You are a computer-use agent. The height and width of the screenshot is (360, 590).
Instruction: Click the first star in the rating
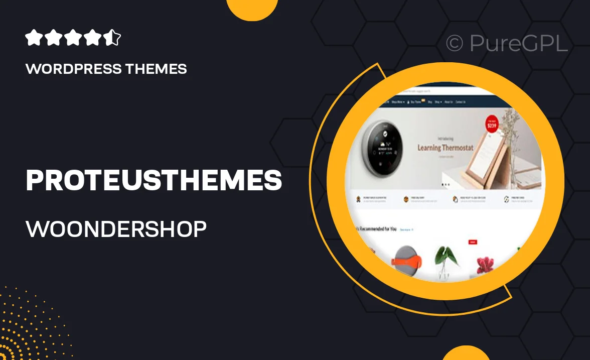(x=33, y=38)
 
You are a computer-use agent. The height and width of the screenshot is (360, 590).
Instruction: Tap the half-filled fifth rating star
(x=113, y=38)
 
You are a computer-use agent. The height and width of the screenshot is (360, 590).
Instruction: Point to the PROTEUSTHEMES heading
(x=154, y=180)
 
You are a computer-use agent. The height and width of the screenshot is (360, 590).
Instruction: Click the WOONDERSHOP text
(x=116, y=229)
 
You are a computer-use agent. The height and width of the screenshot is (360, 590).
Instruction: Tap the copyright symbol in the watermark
(x=454, y=44)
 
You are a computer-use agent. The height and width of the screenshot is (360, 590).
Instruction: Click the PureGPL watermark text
(x=518, y=44)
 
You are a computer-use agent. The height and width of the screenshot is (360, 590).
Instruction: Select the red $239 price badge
(x=491, y=124)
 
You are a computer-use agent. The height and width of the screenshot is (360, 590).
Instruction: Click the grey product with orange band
(x=405, y=261)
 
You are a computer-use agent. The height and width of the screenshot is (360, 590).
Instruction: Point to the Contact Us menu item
(x=461, y=102)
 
